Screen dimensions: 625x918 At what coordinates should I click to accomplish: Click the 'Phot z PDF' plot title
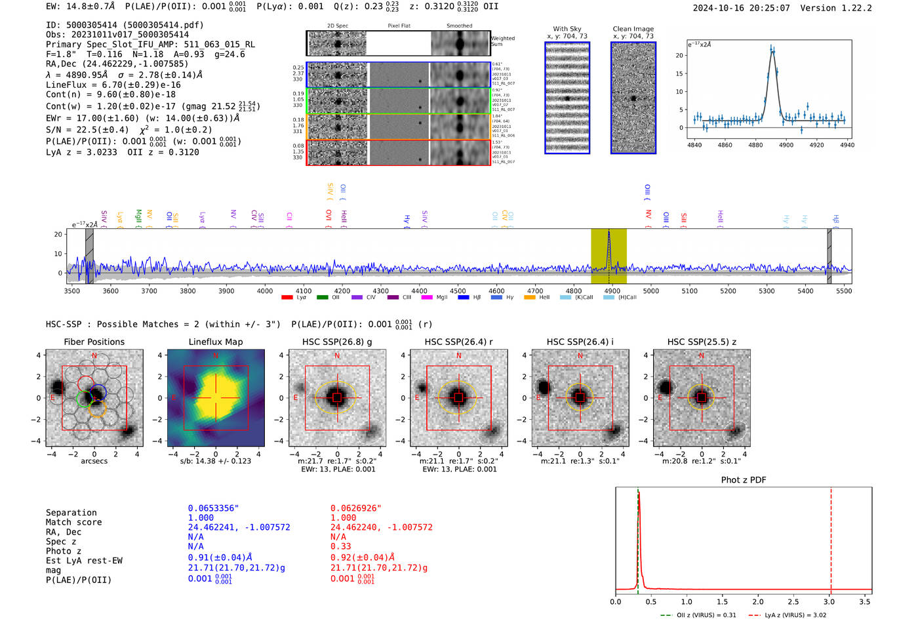(744, 480)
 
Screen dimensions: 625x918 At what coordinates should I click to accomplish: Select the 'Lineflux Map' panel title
(216, 342)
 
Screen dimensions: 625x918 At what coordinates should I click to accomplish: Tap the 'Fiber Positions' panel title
(94, 342)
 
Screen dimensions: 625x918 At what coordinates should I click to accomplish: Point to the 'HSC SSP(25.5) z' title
(702, 342)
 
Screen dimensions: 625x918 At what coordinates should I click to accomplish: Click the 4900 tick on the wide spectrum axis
(612, 291)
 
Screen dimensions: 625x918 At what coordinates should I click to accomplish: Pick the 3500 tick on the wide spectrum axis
(72, 291)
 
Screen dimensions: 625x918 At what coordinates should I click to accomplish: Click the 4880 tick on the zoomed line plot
(755, 145)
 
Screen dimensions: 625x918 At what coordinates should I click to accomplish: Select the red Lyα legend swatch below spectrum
(287, 298)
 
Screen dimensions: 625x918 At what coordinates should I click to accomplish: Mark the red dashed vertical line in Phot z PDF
(831, 538)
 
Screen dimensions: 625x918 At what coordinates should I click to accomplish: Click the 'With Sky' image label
(567, 29)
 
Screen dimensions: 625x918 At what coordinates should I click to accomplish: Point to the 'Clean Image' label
(633, 29)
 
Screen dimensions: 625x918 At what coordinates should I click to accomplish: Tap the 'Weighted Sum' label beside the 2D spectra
(503, 41)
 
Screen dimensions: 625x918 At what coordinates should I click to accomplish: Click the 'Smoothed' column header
(459, 26)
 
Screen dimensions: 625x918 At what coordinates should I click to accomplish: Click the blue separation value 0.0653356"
(214, 508)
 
